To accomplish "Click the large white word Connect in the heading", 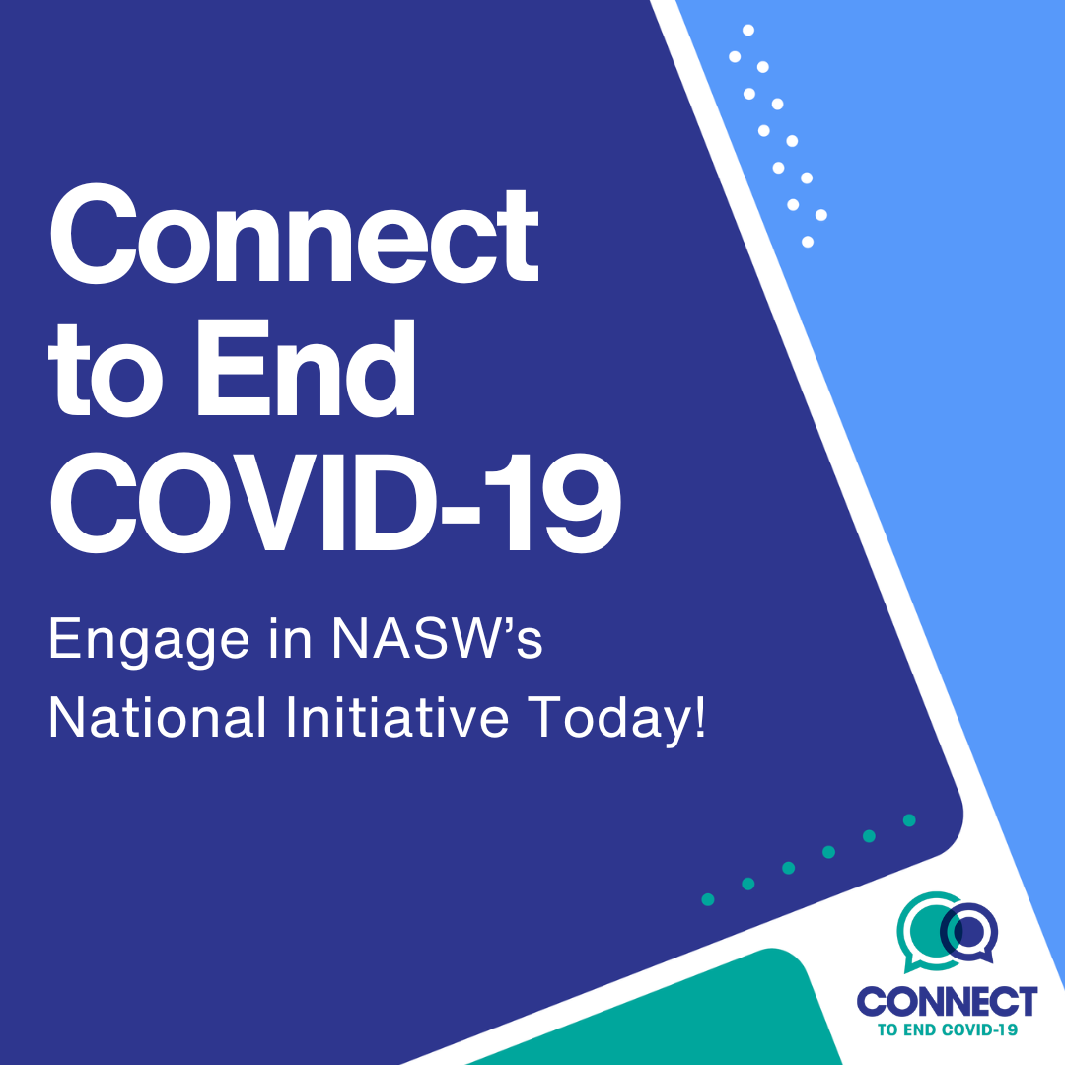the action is click(x=294, y=234).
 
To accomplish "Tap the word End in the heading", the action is click(x=306, y=367).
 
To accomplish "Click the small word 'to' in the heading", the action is click(x=106, y=372).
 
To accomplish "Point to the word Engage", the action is click(x=149, y=642).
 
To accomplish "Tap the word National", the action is click(x=157, y=716).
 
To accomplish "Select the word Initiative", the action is click(x=397, y=716).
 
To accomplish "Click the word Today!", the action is click(x=617, y=720).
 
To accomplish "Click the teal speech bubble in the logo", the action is click(x=929, y=931).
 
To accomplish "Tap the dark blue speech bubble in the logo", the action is click(x=969, y=932).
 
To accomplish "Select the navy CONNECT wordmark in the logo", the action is click(x=947, y=1001).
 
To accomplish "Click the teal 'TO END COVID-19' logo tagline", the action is click(x=948, y=1029).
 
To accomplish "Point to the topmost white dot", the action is click(x=748, y=30).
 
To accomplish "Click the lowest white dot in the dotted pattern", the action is click(x=808, y=242).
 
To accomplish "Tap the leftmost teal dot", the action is click(x=708, y=900).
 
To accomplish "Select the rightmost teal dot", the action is click(x=909, y=819).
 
